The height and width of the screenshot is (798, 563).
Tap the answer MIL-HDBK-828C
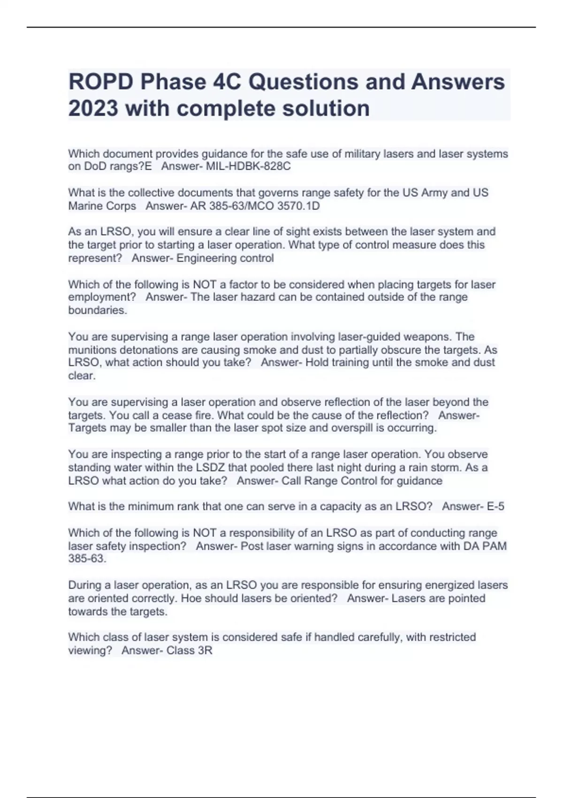coord(248,167)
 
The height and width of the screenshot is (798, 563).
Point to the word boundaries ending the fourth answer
coord(97,310)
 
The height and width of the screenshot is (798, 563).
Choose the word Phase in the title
coord(174,82)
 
